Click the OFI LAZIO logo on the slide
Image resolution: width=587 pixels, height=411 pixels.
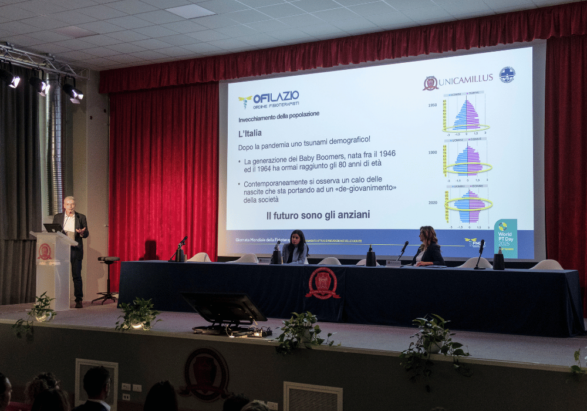pos(269,99)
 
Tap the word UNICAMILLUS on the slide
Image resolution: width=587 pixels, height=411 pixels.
pos(465,80)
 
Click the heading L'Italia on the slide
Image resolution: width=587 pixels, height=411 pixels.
pos(250,133)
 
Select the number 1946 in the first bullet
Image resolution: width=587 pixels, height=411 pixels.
pos(383,153)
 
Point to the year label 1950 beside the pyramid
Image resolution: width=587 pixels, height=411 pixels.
pos(432,105)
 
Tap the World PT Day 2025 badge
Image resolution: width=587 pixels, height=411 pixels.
pos(505,238)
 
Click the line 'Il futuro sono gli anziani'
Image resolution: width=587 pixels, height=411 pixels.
pos(318,215)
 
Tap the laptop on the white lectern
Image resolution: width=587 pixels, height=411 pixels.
pos(53,228)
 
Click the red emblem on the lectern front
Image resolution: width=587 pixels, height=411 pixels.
pos(45,252)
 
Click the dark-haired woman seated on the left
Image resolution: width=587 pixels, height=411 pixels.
pos(296,247)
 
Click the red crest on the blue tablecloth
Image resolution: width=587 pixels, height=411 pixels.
pos(323,283)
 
